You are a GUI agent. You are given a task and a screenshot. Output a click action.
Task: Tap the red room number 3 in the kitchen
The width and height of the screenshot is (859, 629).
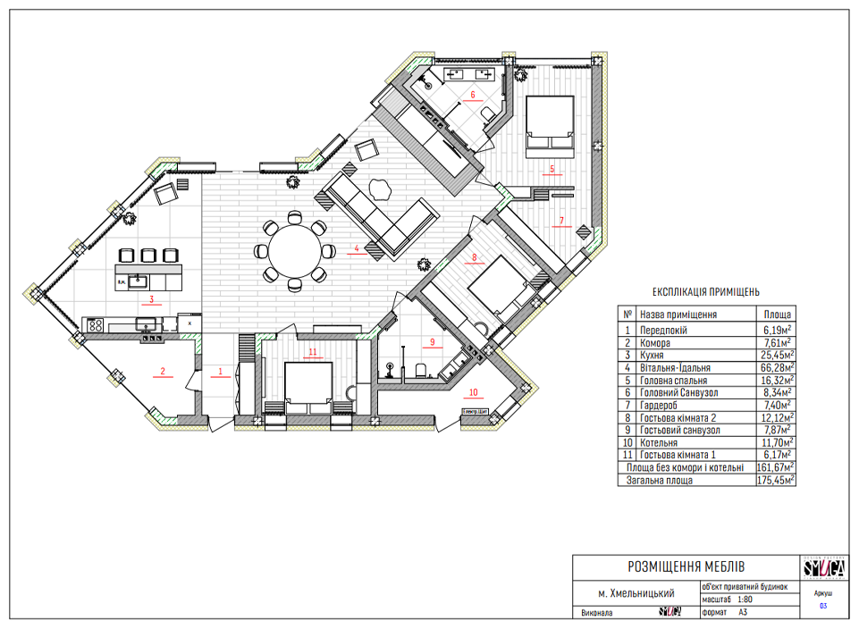coord(152,299)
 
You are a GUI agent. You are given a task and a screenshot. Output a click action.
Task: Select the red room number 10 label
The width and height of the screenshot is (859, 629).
coord(473,391)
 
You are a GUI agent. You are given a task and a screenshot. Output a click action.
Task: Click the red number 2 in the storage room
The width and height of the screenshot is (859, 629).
coord(163,371)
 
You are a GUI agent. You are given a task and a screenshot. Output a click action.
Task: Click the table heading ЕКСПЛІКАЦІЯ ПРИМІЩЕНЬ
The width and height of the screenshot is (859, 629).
coord(706,291)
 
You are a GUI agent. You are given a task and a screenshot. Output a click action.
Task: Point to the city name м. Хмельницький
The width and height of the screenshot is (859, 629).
coord(636,593)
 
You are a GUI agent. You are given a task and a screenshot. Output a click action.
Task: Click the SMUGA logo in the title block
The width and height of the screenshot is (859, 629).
coord(820,567)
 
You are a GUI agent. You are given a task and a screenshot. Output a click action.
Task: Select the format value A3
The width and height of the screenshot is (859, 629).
coord(744,613)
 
